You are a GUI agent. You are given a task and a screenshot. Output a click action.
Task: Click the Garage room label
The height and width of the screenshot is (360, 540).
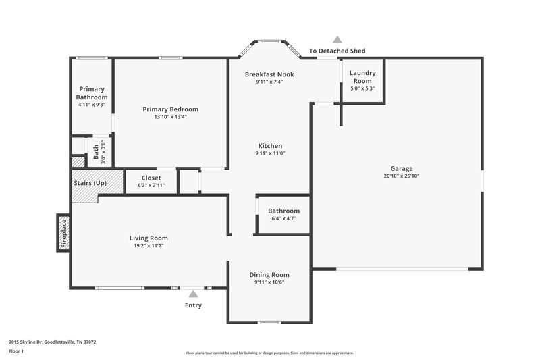[401, 168]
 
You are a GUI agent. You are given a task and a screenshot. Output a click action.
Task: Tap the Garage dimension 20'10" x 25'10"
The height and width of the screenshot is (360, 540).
[401, 176]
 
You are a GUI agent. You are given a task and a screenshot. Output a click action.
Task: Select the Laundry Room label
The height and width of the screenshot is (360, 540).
[362, 77]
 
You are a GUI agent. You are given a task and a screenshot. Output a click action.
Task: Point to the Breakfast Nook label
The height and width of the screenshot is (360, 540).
[269, 74]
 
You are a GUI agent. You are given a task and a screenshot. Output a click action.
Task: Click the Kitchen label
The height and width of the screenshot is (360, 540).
[270, 146]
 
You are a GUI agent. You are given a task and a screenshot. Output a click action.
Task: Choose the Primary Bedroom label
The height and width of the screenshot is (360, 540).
[170, 109]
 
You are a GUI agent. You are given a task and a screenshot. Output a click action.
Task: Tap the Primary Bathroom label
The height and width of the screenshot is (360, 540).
[92, 93]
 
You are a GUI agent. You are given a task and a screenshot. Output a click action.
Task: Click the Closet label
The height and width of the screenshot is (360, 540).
[151, 178]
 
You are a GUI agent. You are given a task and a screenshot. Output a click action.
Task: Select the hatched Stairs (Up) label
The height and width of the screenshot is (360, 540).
[90, 183]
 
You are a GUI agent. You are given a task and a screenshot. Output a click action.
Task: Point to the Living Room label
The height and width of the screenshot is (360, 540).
[148, 238]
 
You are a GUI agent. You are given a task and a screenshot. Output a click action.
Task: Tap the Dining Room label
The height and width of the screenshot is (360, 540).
[269, 274]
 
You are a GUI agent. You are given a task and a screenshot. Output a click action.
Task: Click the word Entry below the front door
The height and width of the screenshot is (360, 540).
[193, 305]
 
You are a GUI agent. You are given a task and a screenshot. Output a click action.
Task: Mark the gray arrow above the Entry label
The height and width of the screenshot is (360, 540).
[193, 294]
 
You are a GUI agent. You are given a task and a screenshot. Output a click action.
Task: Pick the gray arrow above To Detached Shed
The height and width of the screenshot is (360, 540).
[337, 40]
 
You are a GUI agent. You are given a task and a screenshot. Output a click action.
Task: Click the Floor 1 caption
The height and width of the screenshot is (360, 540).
[17, 352]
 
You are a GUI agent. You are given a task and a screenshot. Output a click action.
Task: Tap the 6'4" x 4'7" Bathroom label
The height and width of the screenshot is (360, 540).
[283, 211]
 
